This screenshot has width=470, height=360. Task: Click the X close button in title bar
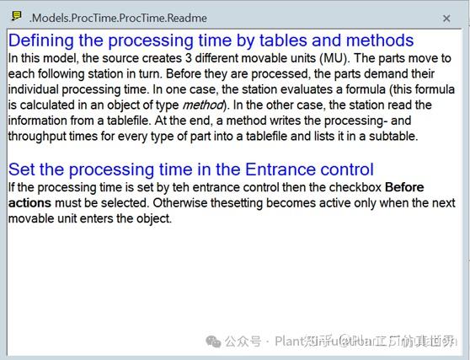tap(446, 18)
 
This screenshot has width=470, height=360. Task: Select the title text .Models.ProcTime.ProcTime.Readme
tap(118, 18)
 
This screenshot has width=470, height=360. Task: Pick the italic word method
tap(205, 105)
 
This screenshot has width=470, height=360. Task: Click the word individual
tap(39, 89)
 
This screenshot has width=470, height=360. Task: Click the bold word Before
tap(405, 187)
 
